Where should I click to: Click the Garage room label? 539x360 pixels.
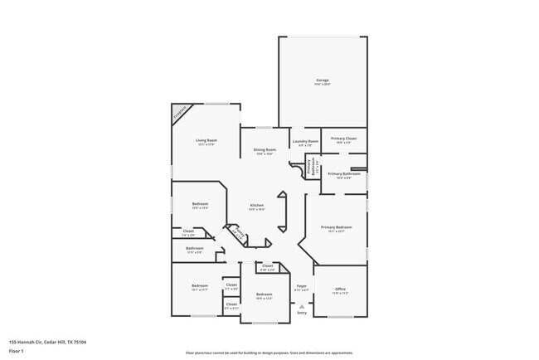pyautogui.click(x=322, y=80)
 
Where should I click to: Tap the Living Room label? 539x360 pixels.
pyautogui.click(x=206, y=141)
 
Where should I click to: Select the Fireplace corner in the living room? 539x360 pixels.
pyautogui.click(x=180, y=114)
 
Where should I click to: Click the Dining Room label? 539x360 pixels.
pyautogui.click(x=265, y=149)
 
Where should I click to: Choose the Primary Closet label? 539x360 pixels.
pyautogui.click(x=343, y=139)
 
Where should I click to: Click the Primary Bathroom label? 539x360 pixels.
pyautogui.click(x=344, y=173)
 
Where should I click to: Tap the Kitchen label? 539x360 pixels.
pyautogui.click(x=257, y=205)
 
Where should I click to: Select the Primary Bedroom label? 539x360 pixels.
pyautogui.click(x=337, y=226)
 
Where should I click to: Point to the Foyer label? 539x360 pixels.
pyautogui.click(x=302, y=286)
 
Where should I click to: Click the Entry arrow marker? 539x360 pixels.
pyautogui.click(x=302, y=306)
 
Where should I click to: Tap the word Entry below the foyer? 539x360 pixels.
pyautogui.click(x=302, y=313)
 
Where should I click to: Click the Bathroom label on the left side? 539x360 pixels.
pyautogui.click(x=195, y=248)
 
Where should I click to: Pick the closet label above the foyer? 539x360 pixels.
pyautogui.click(x=267, y=266)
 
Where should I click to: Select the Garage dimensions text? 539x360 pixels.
pyautogui.click(x=322, y=84)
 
